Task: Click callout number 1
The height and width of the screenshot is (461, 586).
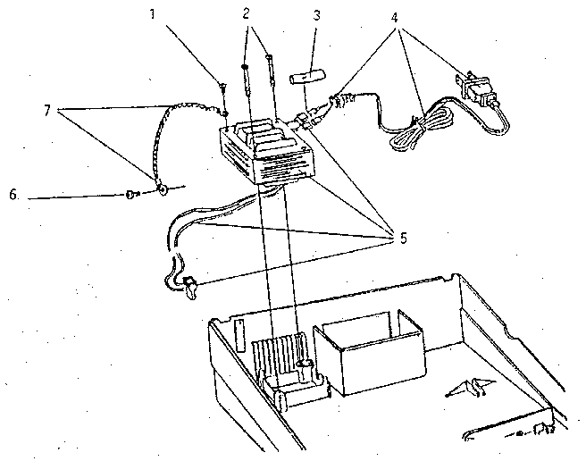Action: (153, 14)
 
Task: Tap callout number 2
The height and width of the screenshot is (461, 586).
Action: (246, 13)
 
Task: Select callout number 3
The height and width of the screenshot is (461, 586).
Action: (316, 15)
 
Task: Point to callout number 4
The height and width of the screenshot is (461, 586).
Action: (395, 18)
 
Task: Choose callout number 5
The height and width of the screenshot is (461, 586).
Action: (403, 239)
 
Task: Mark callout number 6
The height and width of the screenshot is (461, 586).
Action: (13, 195)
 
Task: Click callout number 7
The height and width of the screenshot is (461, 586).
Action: (46, 111)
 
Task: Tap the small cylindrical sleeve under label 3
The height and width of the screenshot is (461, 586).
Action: (307, 78)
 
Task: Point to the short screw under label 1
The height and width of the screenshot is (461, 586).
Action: (222, 89)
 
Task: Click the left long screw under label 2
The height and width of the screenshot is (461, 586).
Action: (246, 80)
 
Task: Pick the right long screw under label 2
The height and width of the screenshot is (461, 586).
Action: (271, 71)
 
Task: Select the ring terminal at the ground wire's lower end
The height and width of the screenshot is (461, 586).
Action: (163, 189)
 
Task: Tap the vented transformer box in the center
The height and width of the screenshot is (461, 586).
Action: (267, 151)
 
